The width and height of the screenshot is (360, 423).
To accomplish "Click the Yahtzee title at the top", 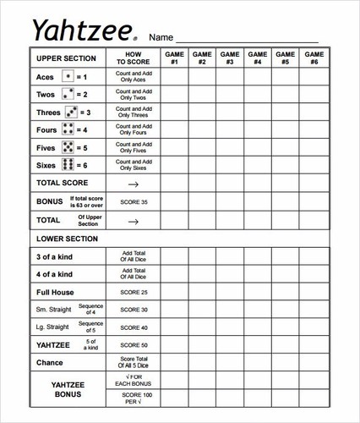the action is point(81,31).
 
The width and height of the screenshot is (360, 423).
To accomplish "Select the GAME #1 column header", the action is point(174,58).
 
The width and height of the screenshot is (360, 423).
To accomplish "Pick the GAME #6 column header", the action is point(314,58).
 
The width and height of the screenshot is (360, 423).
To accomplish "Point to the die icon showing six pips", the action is point(68,165).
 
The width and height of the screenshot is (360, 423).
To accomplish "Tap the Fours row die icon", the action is point(68,130).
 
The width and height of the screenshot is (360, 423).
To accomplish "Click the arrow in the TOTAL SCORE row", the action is point(133,184).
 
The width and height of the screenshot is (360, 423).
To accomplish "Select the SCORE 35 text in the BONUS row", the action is point(133,203).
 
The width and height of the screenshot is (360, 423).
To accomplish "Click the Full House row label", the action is point(55,292).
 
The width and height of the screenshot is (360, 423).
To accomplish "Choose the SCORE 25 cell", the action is point(133,292).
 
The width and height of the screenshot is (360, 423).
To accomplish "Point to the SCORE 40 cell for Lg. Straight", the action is point(133,327).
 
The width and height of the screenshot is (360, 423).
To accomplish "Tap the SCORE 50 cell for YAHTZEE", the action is point(133,345).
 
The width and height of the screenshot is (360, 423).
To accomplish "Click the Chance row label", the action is point(51,363).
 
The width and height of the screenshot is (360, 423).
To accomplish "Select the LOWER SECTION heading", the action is point(68,239).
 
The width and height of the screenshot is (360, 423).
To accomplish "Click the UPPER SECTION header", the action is point(68,58).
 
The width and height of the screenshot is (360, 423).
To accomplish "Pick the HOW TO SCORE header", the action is point(133,58).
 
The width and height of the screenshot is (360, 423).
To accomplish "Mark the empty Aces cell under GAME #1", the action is point(174,77).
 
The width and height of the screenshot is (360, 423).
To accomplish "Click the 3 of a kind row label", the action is point(54,256).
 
